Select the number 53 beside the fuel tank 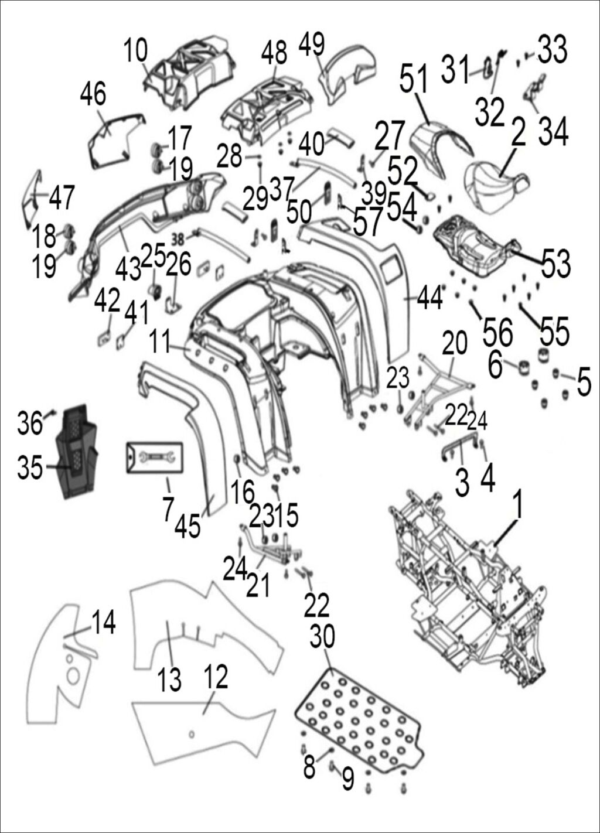555,264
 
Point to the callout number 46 93,94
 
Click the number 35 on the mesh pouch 30,467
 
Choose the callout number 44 429,298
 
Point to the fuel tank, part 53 475,246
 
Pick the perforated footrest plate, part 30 357,721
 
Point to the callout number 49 311,42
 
